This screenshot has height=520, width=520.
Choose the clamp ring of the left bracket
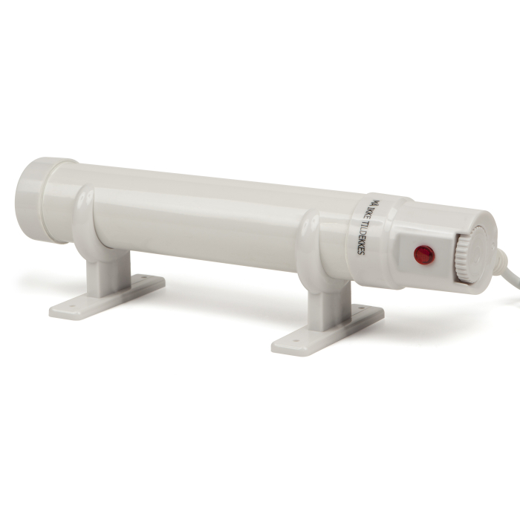[x=85, y=219]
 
